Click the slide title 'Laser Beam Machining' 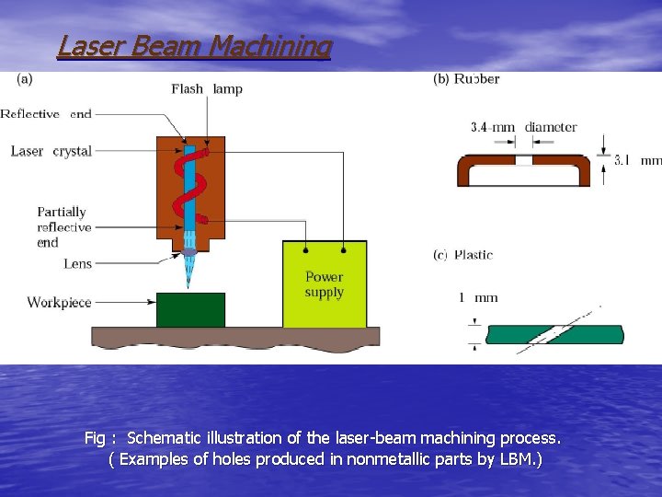194,45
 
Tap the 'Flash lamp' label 207,89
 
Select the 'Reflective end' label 46,114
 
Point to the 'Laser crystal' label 51,151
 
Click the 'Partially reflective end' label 63,227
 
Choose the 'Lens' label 78,264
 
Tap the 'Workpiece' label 59,302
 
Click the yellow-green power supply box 325,284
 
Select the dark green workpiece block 190,310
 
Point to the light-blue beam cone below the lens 190,269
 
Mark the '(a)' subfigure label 25,79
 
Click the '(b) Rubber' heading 466,79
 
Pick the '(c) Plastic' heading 462,255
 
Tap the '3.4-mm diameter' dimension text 523,127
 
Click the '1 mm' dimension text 478,297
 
